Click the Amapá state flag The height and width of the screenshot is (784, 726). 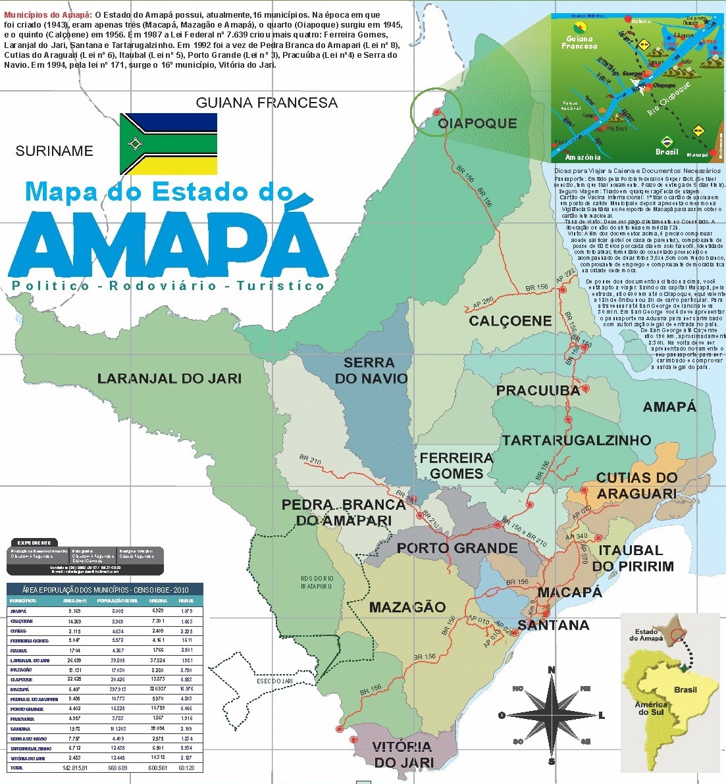coord(169,143)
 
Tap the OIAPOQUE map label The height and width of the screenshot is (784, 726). coord(477,124)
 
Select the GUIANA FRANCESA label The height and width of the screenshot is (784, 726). coord(267,103)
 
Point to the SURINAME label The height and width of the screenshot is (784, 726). coord(54,151)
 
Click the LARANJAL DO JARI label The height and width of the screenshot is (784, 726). coord(169,379)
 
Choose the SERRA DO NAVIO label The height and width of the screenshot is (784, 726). coord(371,371)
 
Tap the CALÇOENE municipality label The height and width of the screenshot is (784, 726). coord(510,321)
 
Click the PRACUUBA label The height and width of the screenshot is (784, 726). coord(538,391)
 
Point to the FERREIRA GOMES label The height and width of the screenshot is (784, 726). coord(456,466)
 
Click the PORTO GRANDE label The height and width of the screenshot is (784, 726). coord(457,549)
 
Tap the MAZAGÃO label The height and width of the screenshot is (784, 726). coord(407,608)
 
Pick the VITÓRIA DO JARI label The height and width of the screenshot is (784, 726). coord(402,754)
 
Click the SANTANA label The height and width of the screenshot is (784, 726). coord(553,625)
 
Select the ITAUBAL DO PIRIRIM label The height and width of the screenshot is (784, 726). coord(633,558)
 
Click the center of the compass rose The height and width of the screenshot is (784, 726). coord(552,716)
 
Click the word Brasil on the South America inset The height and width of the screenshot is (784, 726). coord(685,690)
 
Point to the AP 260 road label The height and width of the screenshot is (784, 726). coord(482,303)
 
